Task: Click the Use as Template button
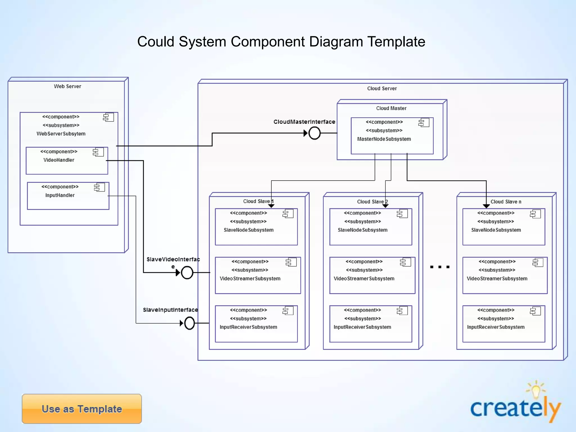tap(82, 409)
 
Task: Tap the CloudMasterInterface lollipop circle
tap(314, 133)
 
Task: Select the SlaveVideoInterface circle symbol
tap(187, 273)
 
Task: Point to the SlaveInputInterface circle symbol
tap(190, 323)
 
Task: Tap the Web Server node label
tap(67, 86)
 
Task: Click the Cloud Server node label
tap(382, 88)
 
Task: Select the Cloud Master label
tap(391, 108)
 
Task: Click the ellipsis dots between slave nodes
tap(440, 267)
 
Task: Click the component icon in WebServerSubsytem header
tap(108, 117)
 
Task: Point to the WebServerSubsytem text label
tap(61, 134)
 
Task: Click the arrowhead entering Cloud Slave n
tap(486, 206)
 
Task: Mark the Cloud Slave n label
tap(506, 202)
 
